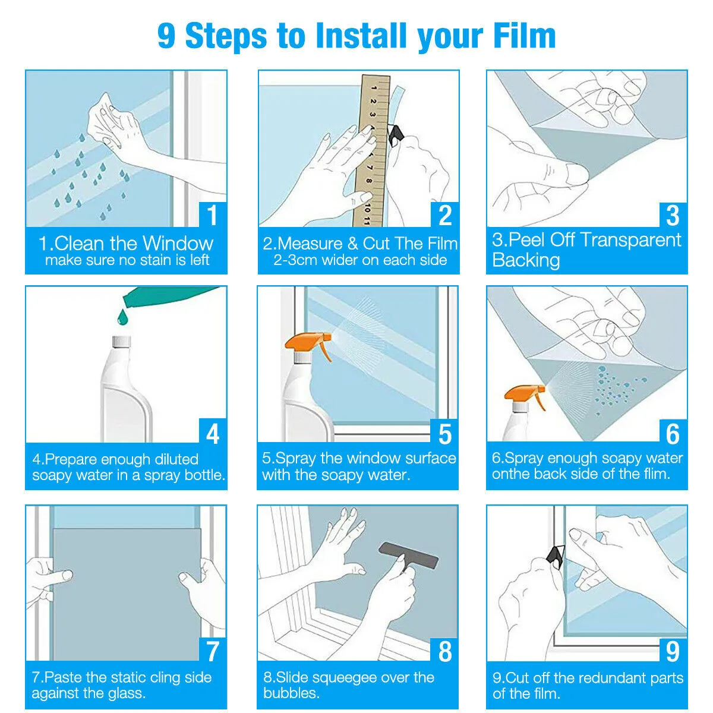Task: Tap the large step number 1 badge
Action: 213,214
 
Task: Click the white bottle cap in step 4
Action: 121,342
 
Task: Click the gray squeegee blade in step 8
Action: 409,556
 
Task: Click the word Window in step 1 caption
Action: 178,244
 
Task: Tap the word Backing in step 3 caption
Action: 526,260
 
